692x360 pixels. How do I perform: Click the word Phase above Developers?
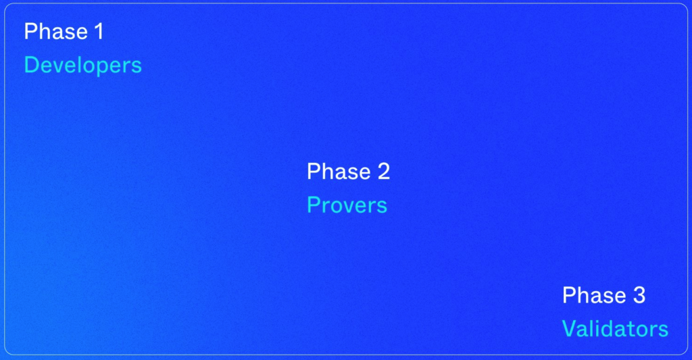coord(55,31)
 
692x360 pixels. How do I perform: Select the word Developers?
coord(83,66)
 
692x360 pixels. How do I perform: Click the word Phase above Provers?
coord(339,171)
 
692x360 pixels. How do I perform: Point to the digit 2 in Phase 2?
coord(384,171)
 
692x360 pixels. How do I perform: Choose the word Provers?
coord(347,205)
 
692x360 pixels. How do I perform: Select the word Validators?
coord(615,329)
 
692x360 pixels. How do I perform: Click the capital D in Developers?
coord(31,65)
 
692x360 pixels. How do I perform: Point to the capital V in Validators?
coord(570,329)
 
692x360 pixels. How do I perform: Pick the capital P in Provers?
coord(314,205)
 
